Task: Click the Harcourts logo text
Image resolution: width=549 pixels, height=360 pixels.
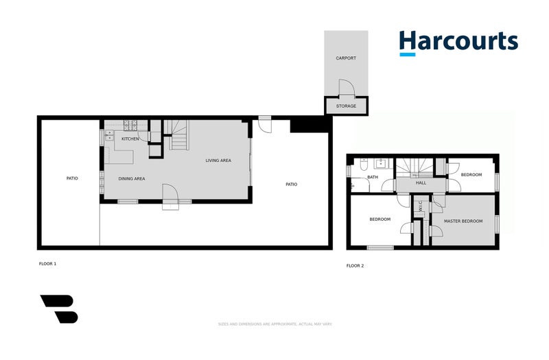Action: (458, 40)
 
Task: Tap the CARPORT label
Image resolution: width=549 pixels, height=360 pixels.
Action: (346, 58)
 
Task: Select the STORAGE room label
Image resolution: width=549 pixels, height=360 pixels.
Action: (346, 106)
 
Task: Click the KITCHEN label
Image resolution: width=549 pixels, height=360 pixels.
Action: (130, 139)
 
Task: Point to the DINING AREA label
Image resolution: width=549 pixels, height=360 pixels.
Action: (132, 179)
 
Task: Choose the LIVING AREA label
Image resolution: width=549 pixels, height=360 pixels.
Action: (218, 160)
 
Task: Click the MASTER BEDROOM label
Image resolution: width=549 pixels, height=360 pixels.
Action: (463, 221)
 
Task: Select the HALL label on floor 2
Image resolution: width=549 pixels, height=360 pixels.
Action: (421, 183)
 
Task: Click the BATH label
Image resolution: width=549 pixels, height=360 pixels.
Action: (373, 178)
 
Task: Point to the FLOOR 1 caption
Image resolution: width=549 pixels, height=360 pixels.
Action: (47, 263)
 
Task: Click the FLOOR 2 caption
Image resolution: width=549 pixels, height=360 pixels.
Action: (355, 265)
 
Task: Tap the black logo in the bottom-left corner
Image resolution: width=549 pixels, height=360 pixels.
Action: (59, 309)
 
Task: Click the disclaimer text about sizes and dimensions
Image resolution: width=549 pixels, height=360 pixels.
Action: (274, 324)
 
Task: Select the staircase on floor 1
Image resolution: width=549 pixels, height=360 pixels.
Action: (178, 134)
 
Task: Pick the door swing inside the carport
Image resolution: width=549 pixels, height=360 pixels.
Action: (346, 88)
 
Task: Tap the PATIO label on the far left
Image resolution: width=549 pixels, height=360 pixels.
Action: (72, 178)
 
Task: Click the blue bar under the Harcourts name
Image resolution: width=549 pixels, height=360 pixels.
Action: (408, 54)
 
